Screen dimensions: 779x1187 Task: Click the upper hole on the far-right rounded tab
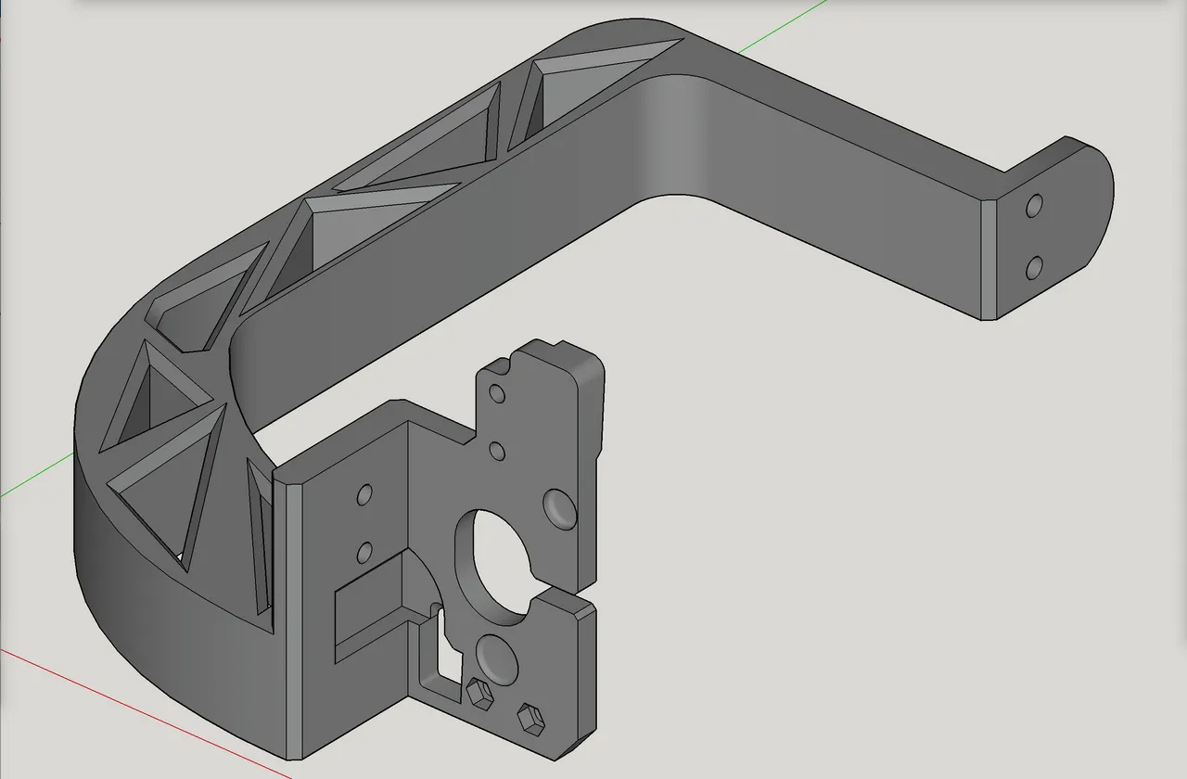pyautogui.click(x=1035, y=205)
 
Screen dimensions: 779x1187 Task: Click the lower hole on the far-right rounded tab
pyautogui.click(x=1035, y=268)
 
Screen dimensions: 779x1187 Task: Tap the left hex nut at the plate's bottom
pyautogui.click(x=479, y=694)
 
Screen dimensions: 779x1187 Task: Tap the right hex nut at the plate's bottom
pyautogui.click(x=530, y=717)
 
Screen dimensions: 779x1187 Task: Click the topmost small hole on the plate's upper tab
pyautogui.click(x=497, y=394)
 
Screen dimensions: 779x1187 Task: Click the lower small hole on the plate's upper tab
pyautogui.click(x=497, y=452)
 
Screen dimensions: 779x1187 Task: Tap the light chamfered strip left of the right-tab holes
pyautogui.click(x=989, y=260)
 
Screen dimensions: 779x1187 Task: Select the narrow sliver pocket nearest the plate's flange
pyautogui.click(x=262, y=538)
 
